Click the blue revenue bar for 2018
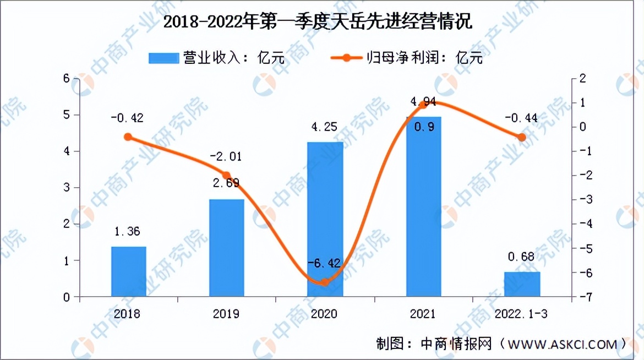[x=128, y=271]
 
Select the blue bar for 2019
[x=227, y=248]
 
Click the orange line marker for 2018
[x=128, y=137]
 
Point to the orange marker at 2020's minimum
[x=325, y=282]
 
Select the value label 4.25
[x=325, y=127]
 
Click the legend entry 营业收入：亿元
[x=217, y=58]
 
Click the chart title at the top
[x=322, y=23]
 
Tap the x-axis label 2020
[x=325, y=314]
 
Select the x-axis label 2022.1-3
[x=522, y=314]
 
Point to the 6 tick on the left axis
[x=67, y=79]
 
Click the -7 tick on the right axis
[x=578, y=297]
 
